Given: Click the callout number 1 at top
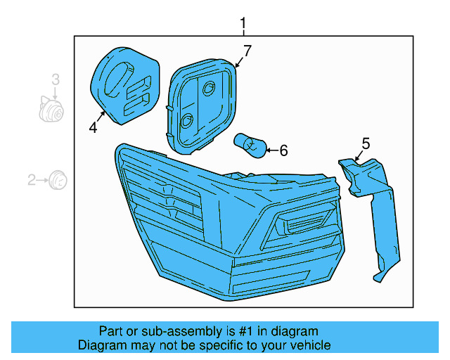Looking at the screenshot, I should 243,25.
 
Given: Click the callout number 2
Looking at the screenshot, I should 32,181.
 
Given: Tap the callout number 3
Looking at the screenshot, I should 55,80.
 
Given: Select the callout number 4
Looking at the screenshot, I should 92,127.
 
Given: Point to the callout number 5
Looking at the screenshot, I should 366,143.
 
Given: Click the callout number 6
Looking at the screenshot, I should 283,150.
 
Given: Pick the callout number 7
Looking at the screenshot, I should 247,51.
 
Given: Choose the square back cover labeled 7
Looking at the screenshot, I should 201,105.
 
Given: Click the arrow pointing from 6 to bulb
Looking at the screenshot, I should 271,150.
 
